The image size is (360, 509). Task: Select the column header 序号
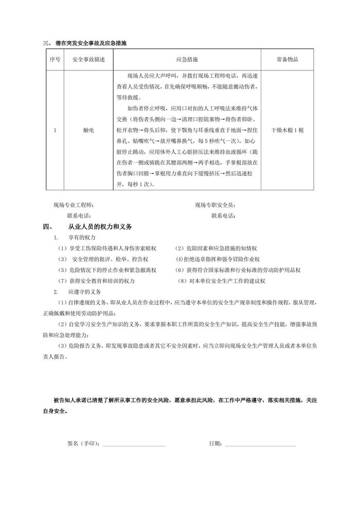click(x=55, y=60)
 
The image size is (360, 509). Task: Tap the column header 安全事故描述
click(x=88, y=60)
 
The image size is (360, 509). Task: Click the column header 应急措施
click(x=187, y=60)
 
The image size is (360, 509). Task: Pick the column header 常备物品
click(x=287, y=60)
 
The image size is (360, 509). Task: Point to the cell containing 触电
click(x=88, y=130)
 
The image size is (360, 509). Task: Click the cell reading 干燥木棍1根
click(x=287, y=130)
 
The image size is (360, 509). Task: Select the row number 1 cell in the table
click(x=55, y=130)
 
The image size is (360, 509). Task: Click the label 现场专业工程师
click(x=74, y=205)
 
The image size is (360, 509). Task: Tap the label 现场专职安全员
click(x=215, y=205)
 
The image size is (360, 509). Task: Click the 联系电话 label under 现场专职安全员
click(x=224, y=215)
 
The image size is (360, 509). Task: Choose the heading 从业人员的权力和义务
click(x=100, y=226)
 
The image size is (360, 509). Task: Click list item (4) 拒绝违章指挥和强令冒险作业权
click(x=218, y=259)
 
